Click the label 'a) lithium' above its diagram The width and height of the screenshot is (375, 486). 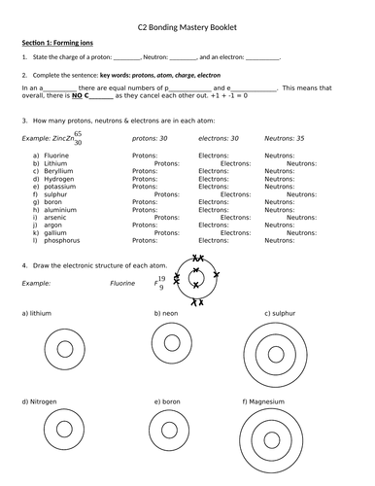click(37, 314)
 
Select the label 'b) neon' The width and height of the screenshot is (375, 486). click(169, 314)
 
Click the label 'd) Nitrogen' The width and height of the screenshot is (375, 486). click(40, 401)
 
